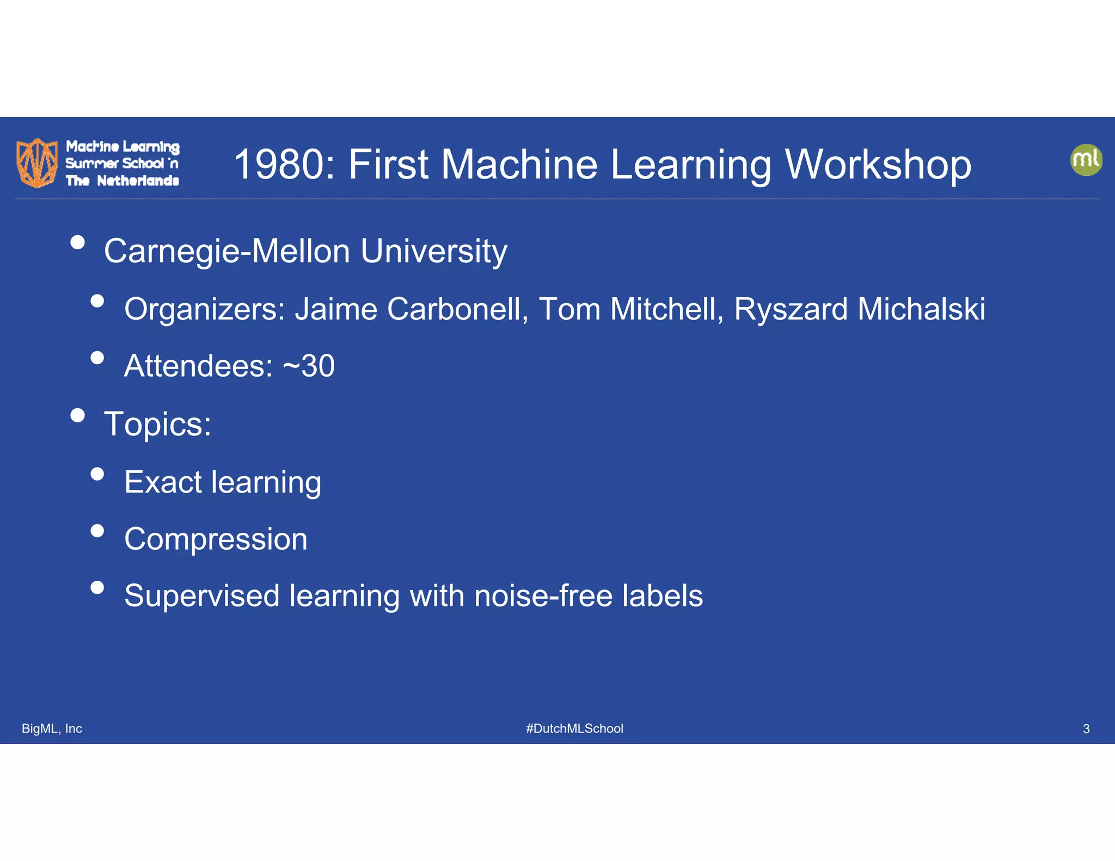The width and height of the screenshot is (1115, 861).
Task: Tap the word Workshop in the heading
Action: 878,164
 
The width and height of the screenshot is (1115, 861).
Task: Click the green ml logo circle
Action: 1086,159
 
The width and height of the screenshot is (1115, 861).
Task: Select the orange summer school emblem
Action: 37,163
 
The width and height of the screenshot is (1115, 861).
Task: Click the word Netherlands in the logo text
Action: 138,181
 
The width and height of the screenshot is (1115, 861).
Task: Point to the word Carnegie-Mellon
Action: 227,251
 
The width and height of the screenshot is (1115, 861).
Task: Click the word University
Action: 433,251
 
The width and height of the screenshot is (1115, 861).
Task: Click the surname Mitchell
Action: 667,310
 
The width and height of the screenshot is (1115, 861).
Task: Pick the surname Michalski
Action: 921,310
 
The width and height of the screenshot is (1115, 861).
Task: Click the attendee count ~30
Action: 309,366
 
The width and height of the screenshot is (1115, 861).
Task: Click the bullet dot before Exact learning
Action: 97,474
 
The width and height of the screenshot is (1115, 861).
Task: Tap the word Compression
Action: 216,539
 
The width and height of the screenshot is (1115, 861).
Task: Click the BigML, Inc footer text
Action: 52,729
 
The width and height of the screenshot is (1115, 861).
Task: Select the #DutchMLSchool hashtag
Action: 574,729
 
